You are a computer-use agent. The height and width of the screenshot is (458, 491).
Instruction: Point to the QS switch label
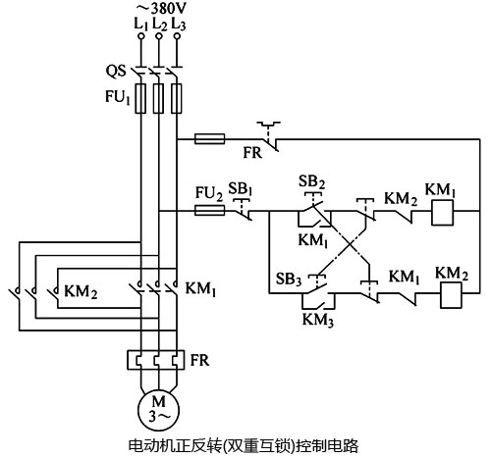tap(115, 71)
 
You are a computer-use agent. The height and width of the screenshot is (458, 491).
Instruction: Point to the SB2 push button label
tap(308, 181)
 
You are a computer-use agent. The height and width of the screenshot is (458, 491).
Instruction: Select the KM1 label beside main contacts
tap(201, 291)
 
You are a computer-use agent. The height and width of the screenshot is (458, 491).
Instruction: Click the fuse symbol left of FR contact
tap(209, 140)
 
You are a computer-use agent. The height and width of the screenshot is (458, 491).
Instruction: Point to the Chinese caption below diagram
tap(245, 445)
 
